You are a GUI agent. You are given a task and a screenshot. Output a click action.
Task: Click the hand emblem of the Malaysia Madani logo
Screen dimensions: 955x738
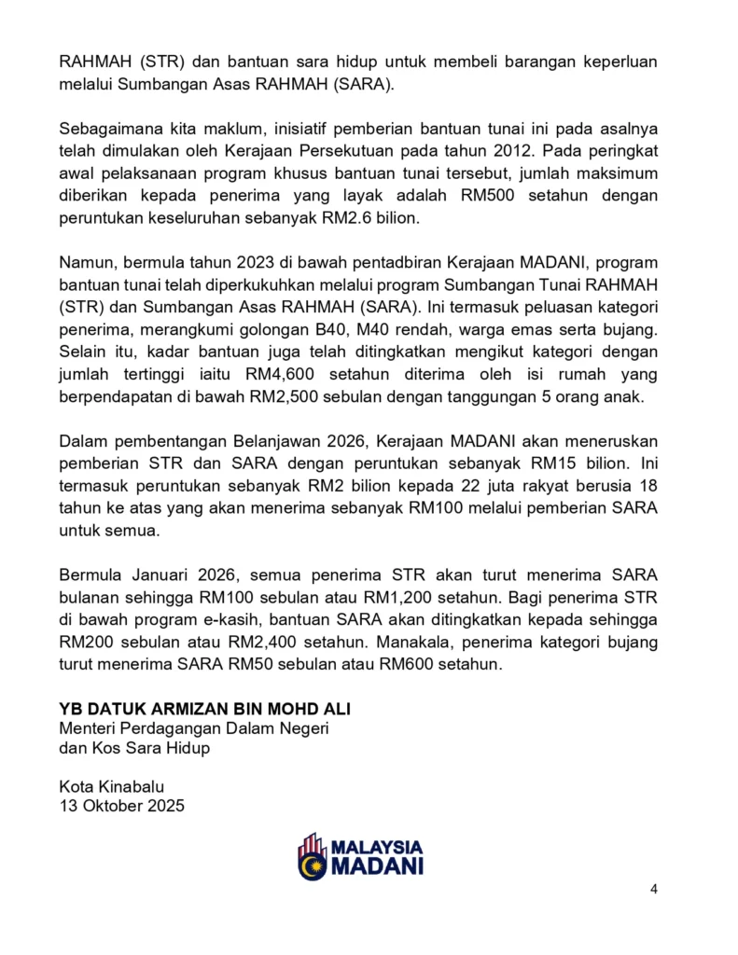312,856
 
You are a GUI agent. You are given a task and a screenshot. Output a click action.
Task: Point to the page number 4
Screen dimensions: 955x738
654,888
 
